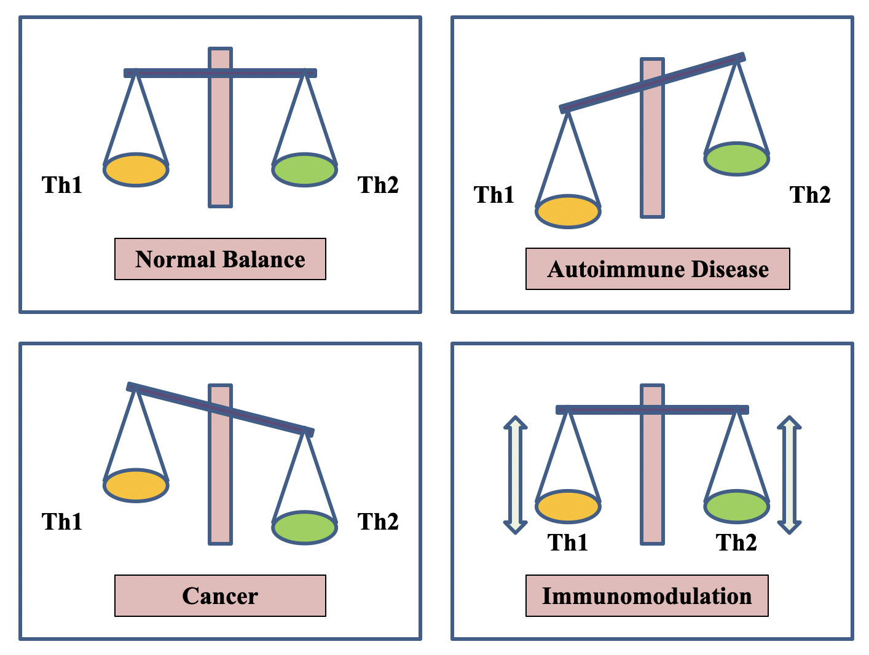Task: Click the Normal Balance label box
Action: [220, 259]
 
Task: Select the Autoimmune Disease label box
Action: [658, 269]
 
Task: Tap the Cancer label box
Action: [220, 595]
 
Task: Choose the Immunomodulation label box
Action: [647, 595]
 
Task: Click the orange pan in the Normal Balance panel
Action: [136, 170]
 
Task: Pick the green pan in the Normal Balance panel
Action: [304, 170]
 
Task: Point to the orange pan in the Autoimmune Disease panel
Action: [568, 211]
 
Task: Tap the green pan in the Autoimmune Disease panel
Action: [736, 159]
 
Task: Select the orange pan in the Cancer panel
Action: [136, 485]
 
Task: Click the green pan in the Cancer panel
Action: [304, 527]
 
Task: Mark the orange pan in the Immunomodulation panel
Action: [568, 507]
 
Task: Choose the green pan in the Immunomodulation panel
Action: [736, 507]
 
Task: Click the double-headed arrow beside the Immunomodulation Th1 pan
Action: [516, 475]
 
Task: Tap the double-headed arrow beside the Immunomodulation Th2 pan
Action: [789, 475]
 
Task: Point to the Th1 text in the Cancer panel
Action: [62, 522]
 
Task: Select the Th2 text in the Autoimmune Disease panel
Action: [810, 195]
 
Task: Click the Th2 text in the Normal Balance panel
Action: [378, 185]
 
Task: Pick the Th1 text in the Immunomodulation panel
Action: [568, 543]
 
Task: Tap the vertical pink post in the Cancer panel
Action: [220, 492]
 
